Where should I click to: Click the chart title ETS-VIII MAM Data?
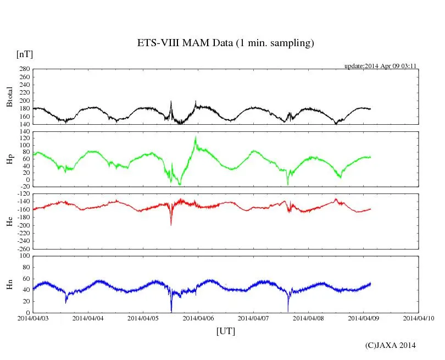225,43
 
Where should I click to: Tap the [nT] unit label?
25,54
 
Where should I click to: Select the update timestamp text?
380,66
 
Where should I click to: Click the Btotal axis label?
9,97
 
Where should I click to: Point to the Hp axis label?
9,159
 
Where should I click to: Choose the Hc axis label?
9,221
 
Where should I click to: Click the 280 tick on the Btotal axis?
24,69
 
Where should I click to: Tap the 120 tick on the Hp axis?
24,138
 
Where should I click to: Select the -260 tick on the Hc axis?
23,248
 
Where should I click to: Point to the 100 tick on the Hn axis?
24,256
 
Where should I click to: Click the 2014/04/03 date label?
33,318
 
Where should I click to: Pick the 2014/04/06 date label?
198,318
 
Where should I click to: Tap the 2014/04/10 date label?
419,318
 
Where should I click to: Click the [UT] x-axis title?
225,331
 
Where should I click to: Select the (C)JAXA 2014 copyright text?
390,345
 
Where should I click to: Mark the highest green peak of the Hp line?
196,137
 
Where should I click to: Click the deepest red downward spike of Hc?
171,224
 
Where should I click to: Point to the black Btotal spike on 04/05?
171,102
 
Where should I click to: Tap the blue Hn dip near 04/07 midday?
287,311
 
